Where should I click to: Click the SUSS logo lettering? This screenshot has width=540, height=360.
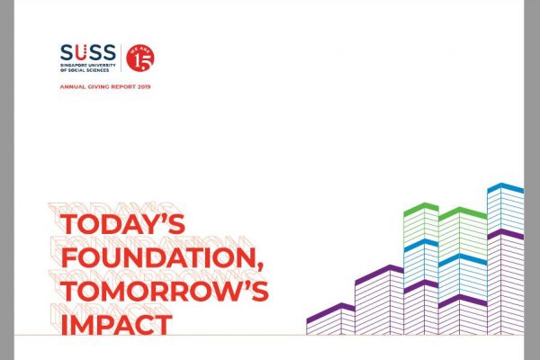[x=88, y=52]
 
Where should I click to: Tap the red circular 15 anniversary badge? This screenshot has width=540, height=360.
[x=140, y=58]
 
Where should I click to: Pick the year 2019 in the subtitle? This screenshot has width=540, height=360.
[x=144, y=86]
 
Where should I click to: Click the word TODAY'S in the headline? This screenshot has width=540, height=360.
[x=122, y=224]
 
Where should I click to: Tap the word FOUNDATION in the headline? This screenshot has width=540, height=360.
[x=158, y=257]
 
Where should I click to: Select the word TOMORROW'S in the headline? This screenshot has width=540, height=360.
[x=165, y=291]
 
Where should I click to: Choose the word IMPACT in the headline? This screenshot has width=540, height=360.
[x=116, y=323]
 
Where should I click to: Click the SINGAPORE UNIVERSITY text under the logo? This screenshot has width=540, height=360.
[x=88, y=65]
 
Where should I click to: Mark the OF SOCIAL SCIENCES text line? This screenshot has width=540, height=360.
[x=85, y=70]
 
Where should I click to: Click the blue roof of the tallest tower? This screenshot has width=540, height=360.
[x=506, y=188]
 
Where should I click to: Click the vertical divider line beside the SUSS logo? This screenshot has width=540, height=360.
[x=121, y=58]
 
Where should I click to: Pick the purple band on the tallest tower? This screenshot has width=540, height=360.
[x=506, y=234]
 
